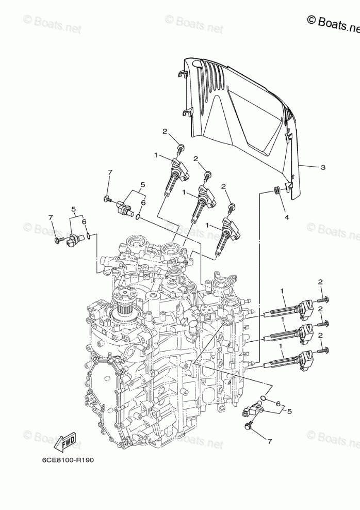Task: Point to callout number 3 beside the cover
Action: coord(322,167)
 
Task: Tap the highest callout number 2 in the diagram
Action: coord(165,132)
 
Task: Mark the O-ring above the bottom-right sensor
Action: coord(263,398)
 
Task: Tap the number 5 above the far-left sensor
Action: coord(73,210)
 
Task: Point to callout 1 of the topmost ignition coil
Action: coord(156,155)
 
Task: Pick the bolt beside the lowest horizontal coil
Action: coord(324,351)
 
